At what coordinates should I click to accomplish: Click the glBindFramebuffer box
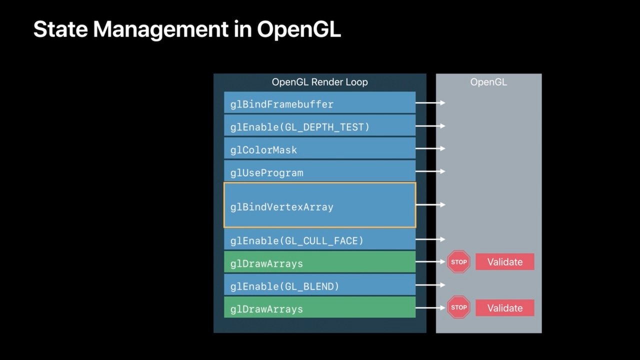pos(319,104)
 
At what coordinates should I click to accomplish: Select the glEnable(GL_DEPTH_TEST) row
pos(319,126)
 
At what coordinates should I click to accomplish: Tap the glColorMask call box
pos(319,149)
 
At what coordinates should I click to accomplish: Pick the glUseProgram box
pos(319,172)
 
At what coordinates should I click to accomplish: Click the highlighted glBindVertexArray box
pos(319,205)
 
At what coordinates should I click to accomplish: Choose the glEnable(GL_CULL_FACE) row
pos(319,240)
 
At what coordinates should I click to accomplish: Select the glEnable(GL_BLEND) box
pos(319,286)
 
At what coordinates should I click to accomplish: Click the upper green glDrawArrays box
pos(319,263)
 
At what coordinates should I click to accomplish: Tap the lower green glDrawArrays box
pos(319,308)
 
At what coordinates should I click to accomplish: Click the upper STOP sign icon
pos(458,261)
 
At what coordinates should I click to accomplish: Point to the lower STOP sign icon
pos(458,307)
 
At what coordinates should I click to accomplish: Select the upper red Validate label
pos(504,261)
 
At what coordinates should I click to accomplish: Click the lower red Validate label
pos(504,308)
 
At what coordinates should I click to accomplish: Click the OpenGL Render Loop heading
pos(319,82)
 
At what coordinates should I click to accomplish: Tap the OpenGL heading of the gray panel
pos(488,82)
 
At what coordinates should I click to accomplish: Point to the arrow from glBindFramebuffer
pos(430,103)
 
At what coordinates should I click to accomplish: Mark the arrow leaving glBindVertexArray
pos(430,204)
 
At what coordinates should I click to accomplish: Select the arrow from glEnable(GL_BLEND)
pos(430,285)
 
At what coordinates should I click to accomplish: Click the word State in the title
pos(60,29)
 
